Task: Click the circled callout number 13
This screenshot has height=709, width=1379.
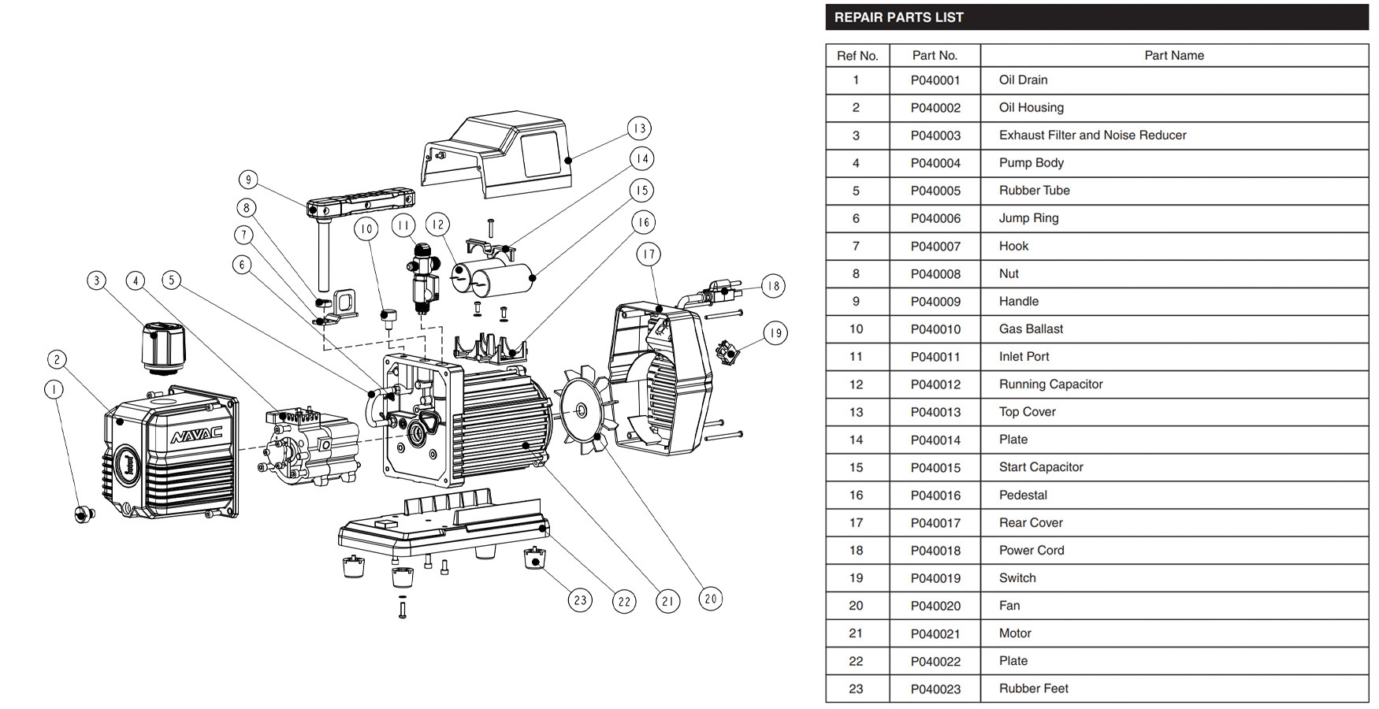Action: pyautogui.click(x=639, y=128)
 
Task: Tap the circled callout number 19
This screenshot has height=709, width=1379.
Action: pyautogui.click(x=775, y=333)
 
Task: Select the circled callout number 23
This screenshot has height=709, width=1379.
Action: pyautogui.click(x=580, y=600)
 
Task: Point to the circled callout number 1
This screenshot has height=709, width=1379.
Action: pyautogui.click(x=54, y=389)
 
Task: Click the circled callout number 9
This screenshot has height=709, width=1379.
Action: pyautogui.click(x=248, y=180)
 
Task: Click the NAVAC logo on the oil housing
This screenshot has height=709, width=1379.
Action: pyautogui.click(x=197, y=434)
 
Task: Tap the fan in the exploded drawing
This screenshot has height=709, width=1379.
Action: pyautogui.click(x=582, y=410)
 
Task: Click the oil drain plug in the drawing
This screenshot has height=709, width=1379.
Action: pyautogui.click(x=84, y=514)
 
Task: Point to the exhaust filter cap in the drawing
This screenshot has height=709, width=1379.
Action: pyautogui.click(x=163, y=346)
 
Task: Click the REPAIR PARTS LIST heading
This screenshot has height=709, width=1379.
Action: pyautogui.click(x=898, y=17)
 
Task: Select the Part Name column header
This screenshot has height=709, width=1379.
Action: pyautogui.click(x=1173, y=55)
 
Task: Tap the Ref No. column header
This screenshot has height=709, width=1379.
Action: pyautogui.click(x=857, y=55)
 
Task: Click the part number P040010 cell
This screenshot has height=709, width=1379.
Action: pyautogui.click(x=935, y=329)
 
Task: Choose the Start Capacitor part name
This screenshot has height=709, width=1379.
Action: pyautogui.click(x=1041, y=467)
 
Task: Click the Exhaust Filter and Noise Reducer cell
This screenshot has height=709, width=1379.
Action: pyautogui.click(x=1092, y=135)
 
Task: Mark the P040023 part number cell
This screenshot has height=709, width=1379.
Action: pyautogui.click(x=935, y=689)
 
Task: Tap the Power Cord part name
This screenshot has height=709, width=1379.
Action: pyautogui.click(x=1031, y=550)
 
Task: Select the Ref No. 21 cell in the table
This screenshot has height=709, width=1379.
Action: pyautogui.click(x=856, y=633)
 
